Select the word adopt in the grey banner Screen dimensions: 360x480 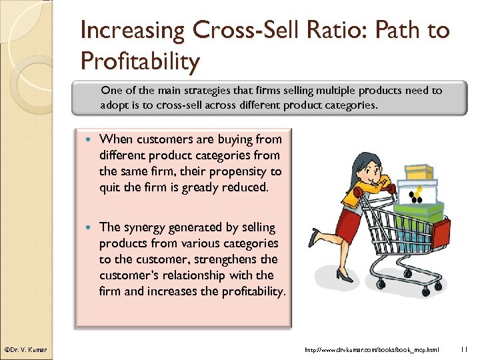(115, 105)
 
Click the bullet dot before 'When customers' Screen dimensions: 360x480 (91, 139)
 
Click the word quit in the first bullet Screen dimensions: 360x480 (110, 187)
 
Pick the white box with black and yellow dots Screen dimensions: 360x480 (417, 193)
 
